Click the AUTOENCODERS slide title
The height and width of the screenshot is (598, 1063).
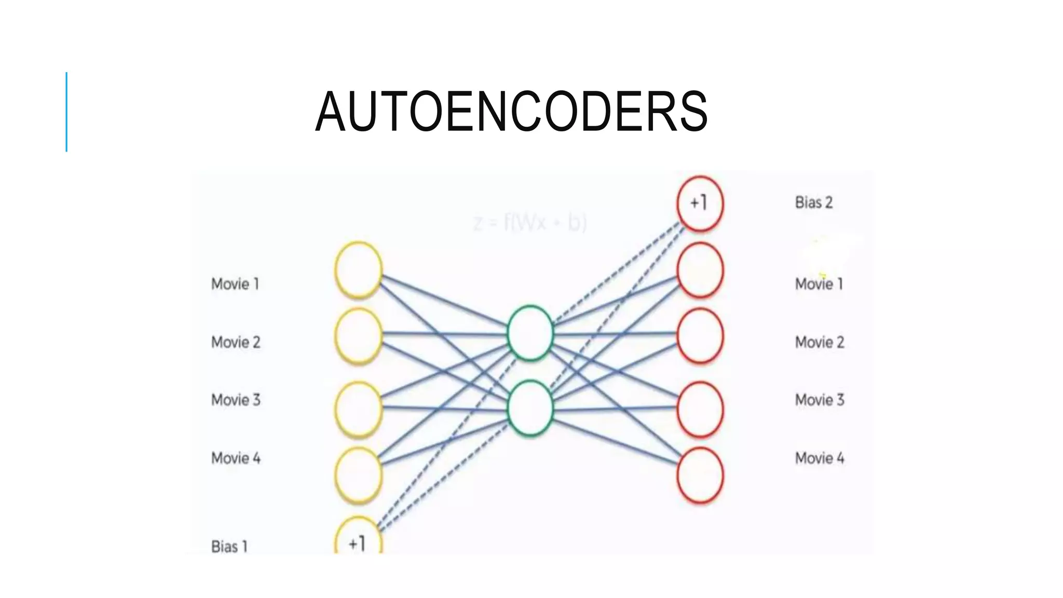coord(511,112)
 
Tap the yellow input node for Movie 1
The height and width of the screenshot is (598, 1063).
coord(358,270)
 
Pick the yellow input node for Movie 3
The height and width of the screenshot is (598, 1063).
coord(358,409)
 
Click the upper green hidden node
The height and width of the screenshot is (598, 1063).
coord(530,333)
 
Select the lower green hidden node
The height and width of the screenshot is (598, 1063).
coord(530,408)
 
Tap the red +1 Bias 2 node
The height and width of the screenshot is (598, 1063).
coord(700,203)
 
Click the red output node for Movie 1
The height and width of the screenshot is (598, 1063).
coord(700,270)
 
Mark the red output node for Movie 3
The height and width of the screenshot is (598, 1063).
coord(700,409)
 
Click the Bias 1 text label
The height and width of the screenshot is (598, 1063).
coord(229,546)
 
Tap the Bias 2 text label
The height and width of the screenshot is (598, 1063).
coord(814,202)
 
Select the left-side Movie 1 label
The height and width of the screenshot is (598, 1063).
coord(235,284)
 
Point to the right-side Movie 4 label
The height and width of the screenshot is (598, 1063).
coord(820,458)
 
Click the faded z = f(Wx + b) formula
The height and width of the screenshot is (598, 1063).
coord(530,223)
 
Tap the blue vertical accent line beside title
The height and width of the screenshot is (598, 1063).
coord(66,112)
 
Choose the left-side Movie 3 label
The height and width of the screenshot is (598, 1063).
coord(236,400)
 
